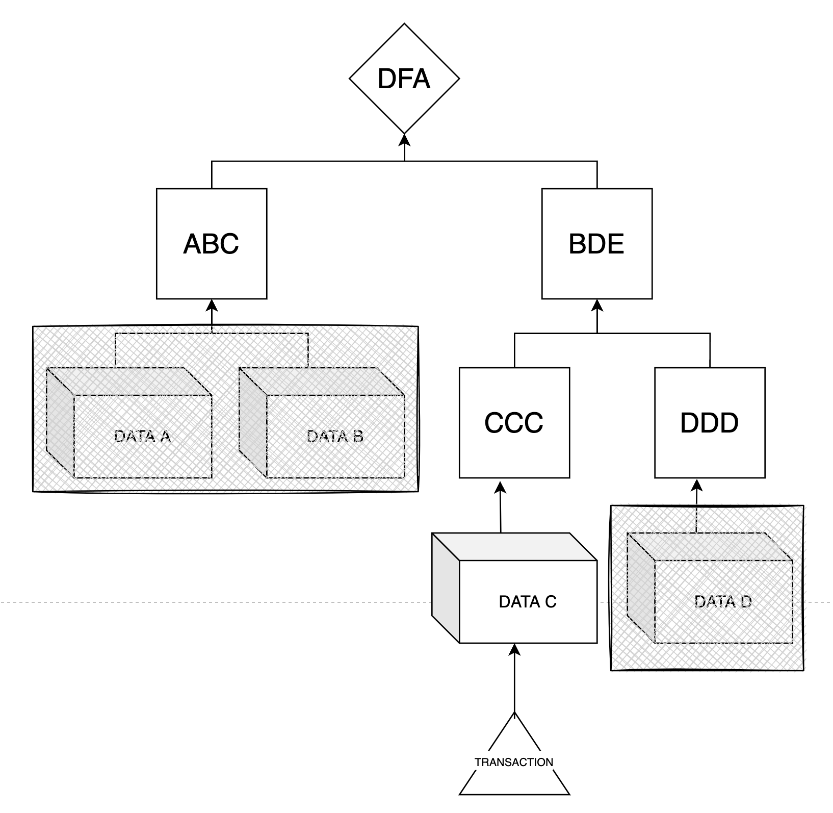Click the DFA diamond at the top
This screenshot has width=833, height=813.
click(404, 79)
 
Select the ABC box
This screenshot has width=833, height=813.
click(212, 244)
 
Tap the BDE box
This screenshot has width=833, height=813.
click(596, 244)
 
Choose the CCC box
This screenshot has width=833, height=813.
click(514, 423)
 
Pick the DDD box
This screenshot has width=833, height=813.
click(710, 423)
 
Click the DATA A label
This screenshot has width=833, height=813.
click(142, 437)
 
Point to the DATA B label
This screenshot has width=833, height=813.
click(335, 437)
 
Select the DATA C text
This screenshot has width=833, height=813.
click(528, 602)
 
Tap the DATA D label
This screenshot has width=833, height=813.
click(723, 602)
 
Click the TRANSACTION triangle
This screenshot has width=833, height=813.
click(514, 763)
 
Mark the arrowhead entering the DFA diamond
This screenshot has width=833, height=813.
click(404, 139)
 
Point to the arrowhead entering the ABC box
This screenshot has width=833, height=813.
click(212, 305)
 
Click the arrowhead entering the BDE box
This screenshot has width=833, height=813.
click(597, 305)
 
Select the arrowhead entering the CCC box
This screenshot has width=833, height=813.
click(500, 485)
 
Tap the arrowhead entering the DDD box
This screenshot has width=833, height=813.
click(697, 485)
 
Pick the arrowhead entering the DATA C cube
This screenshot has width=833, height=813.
click(514, 650)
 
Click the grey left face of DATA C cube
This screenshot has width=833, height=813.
click(446, 588)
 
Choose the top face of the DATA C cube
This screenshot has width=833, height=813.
click(514, 547)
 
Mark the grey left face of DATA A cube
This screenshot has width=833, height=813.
click(60, 422)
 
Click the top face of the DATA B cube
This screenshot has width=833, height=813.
click(321, 381)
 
